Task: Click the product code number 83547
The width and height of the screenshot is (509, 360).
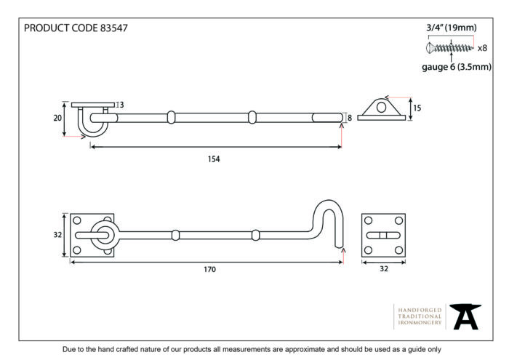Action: click(x=113, y=28)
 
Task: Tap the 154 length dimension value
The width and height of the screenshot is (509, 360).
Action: click(x=214, y=159)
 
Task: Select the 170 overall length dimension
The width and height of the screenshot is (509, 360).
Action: click(x=209, y=269)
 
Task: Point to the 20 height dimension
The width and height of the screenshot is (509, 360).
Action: click(x=57, y=118)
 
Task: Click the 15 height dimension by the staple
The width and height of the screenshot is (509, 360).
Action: click(x=417, y=108)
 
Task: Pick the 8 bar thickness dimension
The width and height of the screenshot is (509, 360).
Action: click(x=350, y=118)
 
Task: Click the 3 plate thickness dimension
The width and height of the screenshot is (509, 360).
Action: click(x=121, y=105)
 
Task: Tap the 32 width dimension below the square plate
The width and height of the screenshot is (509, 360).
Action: click(x=384, y=269)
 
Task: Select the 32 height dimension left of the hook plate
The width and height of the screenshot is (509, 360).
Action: click(x=57, y=235)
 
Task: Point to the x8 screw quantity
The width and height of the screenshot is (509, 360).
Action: click(x=482, y=48)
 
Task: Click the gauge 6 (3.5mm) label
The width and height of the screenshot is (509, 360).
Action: click(x=457, y=67)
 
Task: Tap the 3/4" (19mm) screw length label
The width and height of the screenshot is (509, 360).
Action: click(x=452, y=28)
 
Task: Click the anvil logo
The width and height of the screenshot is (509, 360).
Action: click(x=465, y=316)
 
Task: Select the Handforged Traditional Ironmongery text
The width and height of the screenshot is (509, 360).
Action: click(x=420, y=316)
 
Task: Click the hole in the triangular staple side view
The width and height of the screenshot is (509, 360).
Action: click(x=382, y=107)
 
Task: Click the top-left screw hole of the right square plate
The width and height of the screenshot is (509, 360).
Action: click(x=368, y=221)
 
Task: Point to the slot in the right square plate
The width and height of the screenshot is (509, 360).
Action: click(x=383, y=235)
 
